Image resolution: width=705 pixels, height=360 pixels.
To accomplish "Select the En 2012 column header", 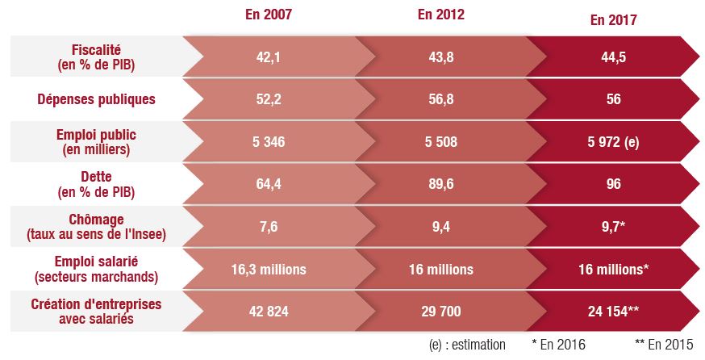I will click(x=440, y=15).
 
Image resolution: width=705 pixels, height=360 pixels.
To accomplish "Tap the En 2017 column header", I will click(x=613, y=21).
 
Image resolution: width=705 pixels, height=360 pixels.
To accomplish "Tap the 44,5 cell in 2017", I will click(x=613, y=56).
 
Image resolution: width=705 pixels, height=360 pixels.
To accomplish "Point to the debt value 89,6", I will click(x=440, y=184).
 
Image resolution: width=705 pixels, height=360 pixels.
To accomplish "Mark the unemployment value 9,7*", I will click(x=613, y=227).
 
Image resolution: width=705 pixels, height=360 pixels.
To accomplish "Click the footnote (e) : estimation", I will click(x=468, y=345).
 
